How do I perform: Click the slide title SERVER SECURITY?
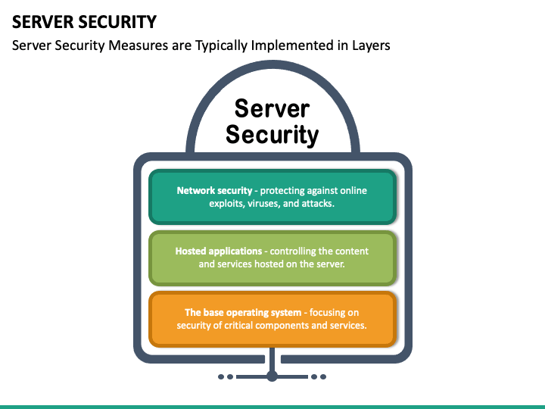point(84,22)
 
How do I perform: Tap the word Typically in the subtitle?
point(221,45)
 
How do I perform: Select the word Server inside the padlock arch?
point(272,108)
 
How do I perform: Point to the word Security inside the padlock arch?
point(272,135)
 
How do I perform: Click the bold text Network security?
point(214,191)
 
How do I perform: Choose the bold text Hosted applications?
point(219,251)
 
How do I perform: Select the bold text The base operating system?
point(243,313)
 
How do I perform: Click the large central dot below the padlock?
point(272,376)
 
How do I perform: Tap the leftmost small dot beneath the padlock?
point(221,376)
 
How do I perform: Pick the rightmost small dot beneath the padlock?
point(323,376)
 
